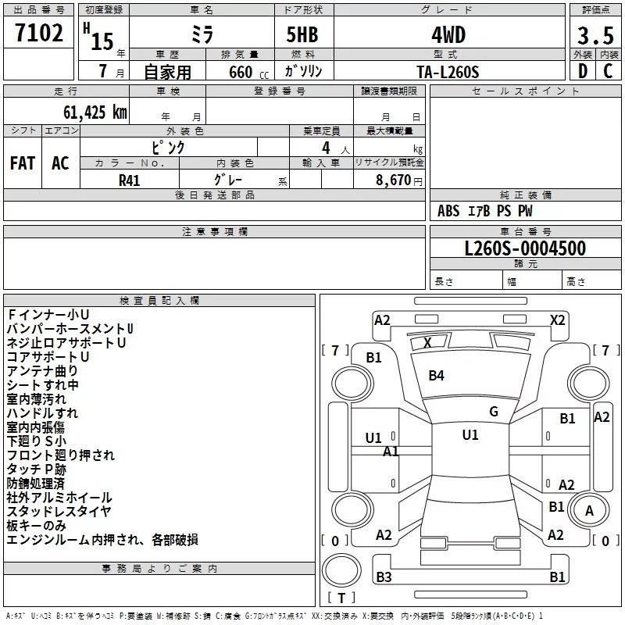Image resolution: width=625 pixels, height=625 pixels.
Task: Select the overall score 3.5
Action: coord(595,37)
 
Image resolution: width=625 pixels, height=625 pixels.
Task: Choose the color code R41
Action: coord(130,180)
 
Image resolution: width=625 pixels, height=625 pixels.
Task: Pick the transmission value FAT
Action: coord(23,163)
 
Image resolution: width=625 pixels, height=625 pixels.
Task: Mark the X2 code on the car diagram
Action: coord(557,320)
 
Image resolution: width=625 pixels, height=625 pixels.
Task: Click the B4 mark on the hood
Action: coord(436,376)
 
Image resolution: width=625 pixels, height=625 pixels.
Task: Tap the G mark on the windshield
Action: coord(494,412)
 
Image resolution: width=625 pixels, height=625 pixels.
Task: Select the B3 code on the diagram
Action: coord(384,577)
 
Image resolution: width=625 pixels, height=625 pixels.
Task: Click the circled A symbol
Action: coord(589,510)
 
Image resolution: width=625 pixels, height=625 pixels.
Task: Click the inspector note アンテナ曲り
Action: coord(42,370)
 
